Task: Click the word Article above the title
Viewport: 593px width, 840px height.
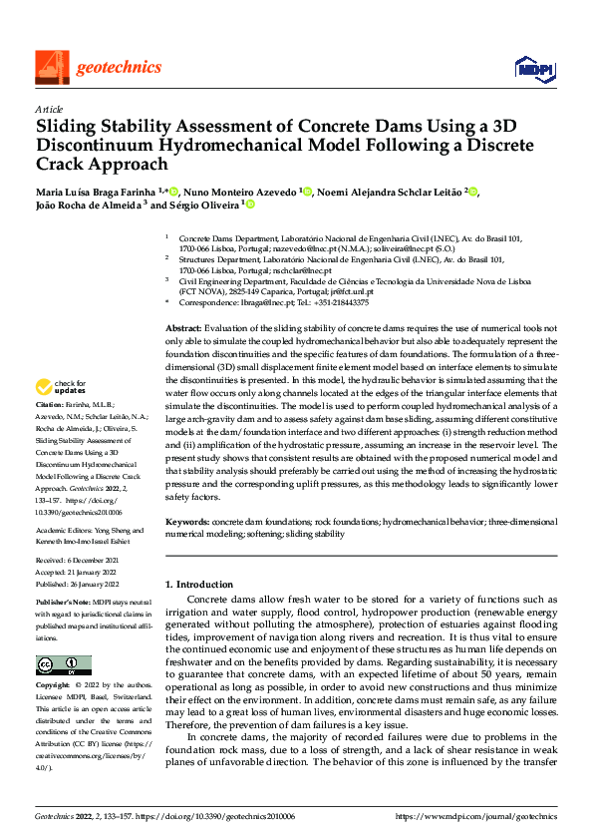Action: pos(48,109)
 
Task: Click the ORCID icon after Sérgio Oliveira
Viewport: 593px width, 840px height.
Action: pos(250,205)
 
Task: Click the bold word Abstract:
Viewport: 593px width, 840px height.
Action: pos(182,328)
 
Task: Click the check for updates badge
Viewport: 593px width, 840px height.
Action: pos(61,387)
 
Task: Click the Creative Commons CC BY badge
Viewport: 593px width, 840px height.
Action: pos(63,665)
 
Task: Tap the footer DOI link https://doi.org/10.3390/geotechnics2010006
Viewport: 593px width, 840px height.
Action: pos(228,815)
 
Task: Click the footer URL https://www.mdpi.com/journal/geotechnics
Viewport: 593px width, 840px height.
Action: pos(476,815)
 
